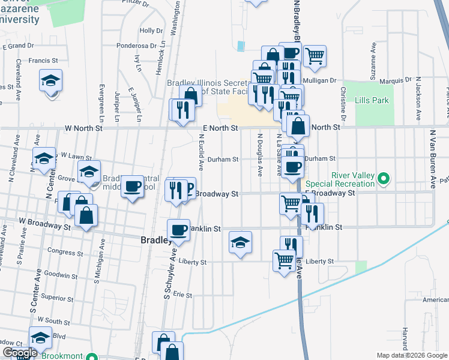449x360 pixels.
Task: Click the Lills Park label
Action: [373, 100]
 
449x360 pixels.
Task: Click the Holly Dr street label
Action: [147, 31]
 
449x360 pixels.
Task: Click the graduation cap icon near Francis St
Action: [51, 80]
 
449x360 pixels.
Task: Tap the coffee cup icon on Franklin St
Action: [179, 229]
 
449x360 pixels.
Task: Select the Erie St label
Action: [182, 295]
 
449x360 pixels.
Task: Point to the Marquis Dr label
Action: [396, 80]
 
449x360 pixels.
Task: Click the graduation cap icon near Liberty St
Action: [240, 242]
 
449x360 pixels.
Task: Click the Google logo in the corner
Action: [20, 353]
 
